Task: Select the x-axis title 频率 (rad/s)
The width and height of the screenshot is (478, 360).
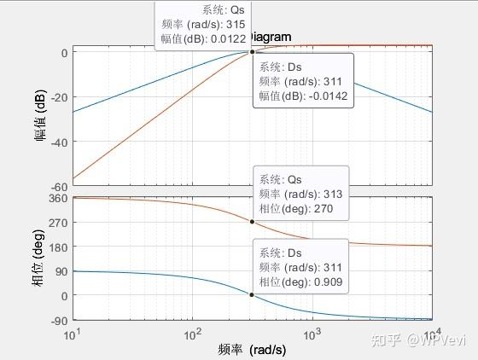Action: point(252,350)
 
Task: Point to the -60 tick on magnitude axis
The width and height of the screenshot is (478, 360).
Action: point(59,186)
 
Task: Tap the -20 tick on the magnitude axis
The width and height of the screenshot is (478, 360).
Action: point(59,96)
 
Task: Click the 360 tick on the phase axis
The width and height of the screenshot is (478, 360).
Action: point(57,198)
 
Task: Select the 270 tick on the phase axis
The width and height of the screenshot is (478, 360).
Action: point(57,223)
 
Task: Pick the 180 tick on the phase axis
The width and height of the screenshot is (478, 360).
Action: point(57,247)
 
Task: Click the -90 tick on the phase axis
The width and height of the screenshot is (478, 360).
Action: point(58,321)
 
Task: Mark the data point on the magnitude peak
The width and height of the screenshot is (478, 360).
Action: point(252,52)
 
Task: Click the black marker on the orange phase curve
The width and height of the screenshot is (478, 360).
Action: point(252,222)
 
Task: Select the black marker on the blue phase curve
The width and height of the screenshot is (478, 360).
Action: point(252,294)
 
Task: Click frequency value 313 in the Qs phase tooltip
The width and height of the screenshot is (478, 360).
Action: point(332,195)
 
